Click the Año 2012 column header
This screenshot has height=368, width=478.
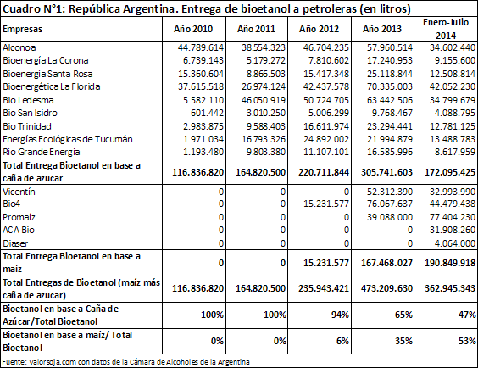[319, 29]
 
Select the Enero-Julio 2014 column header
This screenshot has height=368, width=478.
[446, 29]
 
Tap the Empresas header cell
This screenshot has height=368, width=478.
[22, 30]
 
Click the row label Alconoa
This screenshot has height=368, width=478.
[19, 47]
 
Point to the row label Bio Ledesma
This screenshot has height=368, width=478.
[28, 100]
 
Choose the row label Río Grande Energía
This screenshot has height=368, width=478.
[42, 152]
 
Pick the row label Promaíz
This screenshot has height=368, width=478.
[19, 217]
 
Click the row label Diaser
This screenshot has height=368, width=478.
[15, 243]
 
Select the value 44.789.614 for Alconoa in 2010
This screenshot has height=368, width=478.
[201, 47]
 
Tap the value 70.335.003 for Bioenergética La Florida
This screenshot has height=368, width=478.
[390, 86]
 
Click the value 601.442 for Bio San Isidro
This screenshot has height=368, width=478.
[207, 113]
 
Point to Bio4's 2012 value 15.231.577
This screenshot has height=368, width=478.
[326, 204]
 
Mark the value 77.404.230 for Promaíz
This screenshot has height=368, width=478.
[453, 217]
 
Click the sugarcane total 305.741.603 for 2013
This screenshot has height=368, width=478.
[386, 172]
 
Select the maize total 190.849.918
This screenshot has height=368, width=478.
[450, 263]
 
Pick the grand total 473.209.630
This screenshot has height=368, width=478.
[386, 288]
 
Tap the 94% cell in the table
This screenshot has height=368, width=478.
[340, 315]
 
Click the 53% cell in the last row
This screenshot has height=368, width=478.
[467, 341]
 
